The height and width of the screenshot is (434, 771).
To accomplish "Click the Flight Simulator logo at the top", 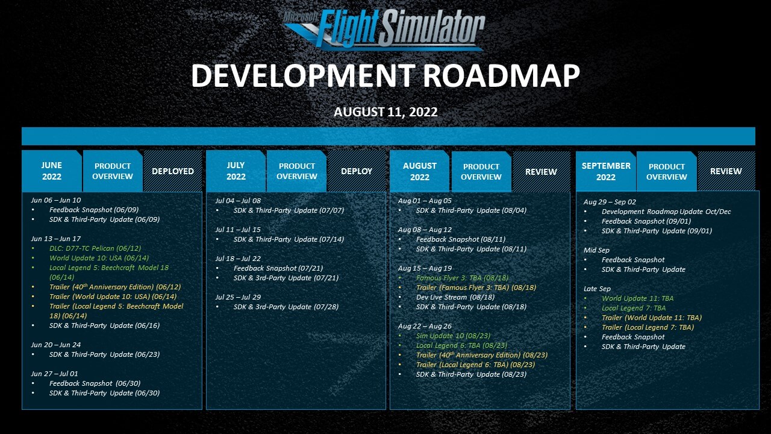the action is tap(384, 30).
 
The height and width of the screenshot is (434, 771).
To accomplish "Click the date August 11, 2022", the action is tap(385, 112).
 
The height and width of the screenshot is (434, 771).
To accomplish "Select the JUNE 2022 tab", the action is tap(52, 171).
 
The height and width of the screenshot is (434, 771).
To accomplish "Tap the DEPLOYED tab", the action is tap(173, 171).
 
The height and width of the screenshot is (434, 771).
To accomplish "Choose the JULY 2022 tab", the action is tap(236, 171).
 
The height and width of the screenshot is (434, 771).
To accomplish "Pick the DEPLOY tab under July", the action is tap(357, 171).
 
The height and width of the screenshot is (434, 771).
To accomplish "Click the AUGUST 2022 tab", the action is tap(420, 171).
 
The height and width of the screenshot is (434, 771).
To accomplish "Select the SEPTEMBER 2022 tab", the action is tap(606, 171).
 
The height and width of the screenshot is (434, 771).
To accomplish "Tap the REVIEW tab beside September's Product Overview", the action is tap(726, 171).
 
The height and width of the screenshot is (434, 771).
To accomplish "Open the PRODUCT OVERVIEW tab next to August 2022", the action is tap(481, 172).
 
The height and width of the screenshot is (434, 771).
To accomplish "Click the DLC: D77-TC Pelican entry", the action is tap(95, 248).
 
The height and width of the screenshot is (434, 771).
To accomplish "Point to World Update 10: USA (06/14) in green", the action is tap(99, 258).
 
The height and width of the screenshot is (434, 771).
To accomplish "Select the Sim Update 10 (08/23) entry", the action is tap(453, 336).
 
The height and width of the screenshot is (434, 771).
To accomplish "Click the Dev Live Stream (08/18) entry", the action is tap(455, 297).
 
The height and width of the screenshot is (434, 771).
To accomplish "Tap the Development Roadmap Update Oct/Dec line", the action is tap(666, 212).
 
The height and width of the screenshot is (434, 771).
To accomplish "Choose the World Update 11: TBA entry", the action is tap(637, 298).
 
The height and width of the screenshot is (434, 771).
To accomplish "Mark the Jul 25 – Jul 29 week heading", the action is tap(238, 297).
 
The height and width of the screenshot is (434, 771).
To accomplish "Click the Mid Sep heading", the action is tap(596, 250).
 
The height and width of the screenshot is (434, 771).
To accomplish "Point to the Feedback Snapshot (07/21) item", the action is tap(278, 268).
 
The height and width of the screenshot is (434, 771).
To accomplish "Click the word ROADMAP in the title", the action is tap(501, 75).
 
